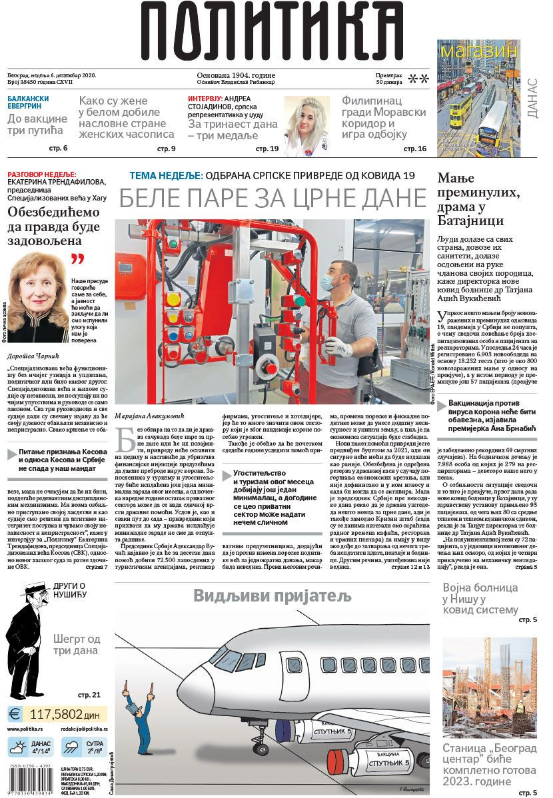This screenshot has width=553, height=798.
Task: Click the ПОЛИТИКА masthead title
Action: [x=272, y=31]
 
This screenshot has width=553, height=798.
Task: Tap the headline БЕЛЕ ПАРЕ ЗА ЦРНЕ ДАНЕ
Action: [x=273, y=199]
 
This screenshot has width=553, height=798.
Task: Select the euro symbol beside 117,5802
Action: [x=15, y=714]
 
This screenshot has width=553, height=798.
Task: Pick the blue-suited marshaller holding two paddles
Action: [x=141, y=719]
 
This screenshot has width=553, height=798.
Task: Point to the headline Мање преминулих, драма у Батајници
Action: [x=479, y=199]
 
